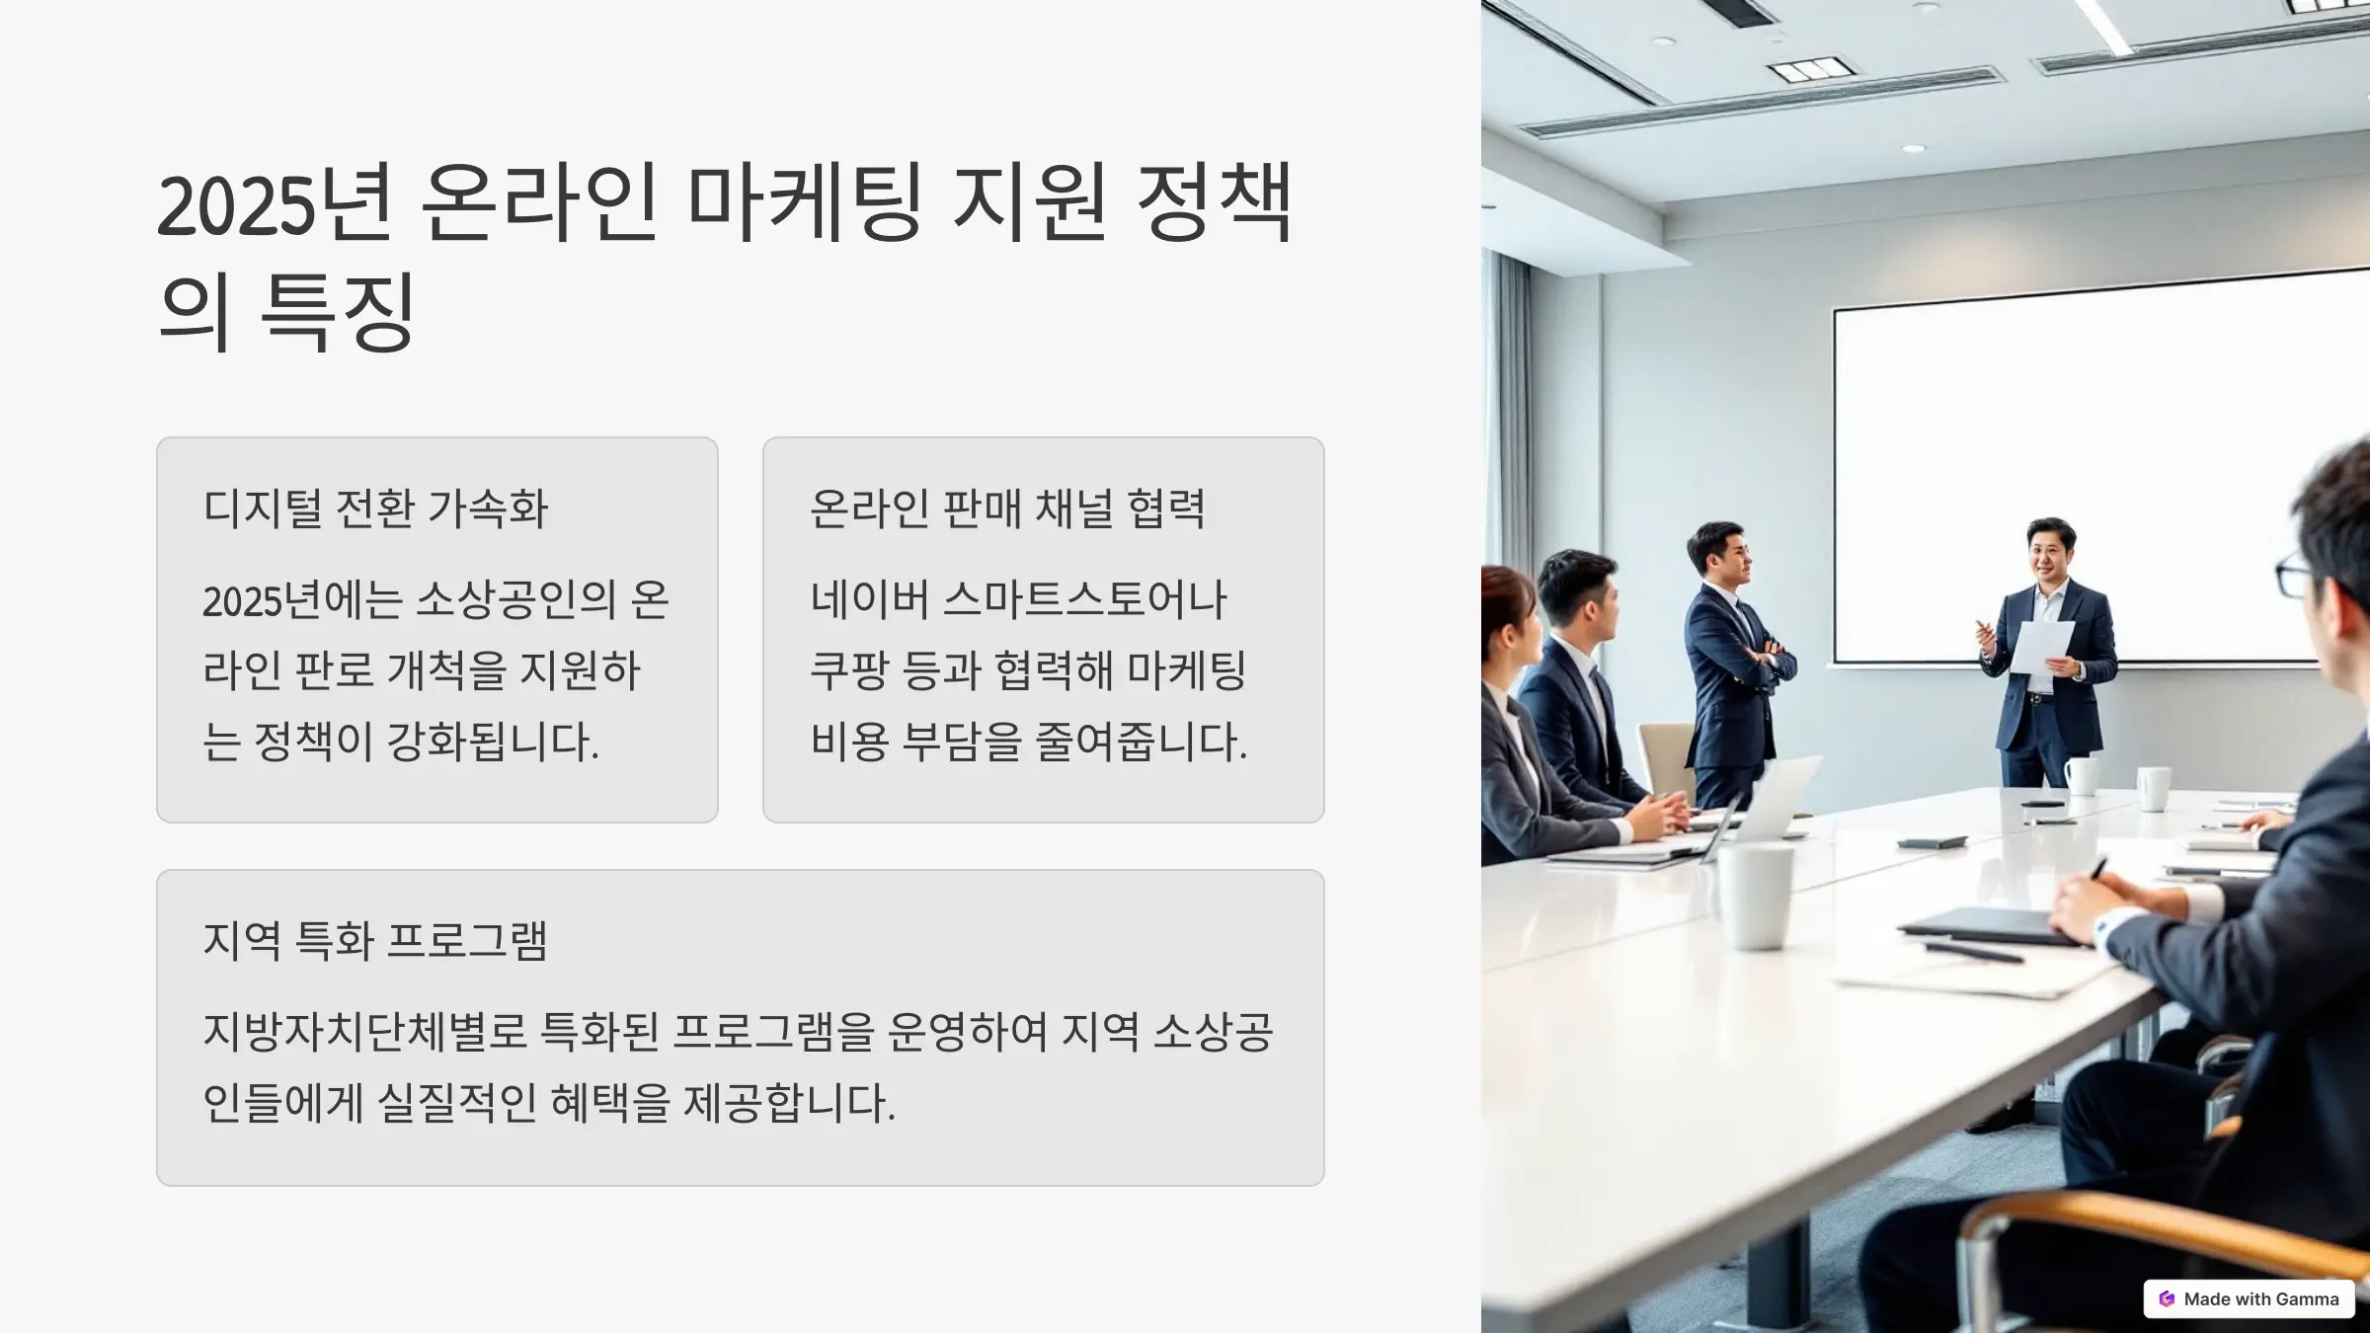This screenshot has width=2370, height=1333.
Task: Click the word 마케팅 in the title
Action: (805, 203)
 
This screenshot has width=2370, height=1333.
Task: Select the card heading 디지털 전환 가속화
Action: (375, 509)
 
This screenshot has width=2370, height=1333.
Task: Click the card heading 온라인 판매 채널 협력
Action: (1007, 509)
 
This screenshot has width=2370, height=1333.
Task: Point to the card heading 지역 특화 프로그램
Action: (375, 940)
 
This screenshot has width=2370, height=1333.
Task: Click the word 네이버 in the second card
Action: (870, 599)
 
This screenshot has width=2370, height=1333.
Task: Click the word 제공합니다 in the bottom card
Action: (789, 1103)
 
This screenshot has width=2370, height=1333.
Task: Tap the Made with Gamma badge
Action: (2249, 1298)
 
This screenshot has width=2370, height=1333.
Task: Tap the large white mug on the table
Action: (1756, 897)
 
